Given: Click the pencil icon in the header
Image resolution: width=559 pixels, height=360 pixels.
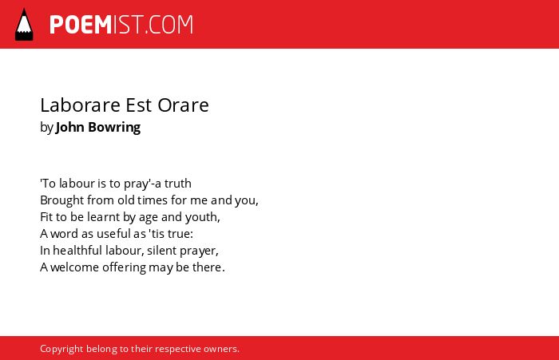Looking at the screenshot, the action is [x=24, y=25].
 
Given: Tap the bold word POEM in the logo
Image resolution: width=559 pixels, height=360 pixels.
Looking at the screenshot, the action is [x=81, y=25].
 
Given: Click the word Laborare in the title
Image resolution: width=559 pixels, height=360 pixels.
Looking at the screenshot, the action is [x=80, y=105].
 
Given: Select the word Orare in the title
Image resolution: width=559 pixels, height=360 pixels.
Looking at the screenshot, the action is [x=183, y=105].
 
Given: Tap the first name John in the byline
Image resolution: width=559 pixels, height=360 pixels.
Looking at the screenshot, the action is [x=70, y=127].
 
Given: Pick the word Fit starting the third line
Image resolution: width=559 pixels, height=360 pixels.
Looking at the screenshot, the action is [x=46, y=216].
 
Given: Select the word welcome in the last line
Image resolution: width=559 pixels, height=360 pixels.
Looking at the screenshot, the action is [x=74, y=267].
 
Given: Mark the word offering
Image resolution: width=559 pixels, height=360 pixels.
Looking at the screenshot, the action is [x=124, y=267].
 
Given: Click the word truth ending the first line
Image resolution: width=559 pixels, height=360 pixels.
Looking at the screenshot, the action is [x=177, y=184].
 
